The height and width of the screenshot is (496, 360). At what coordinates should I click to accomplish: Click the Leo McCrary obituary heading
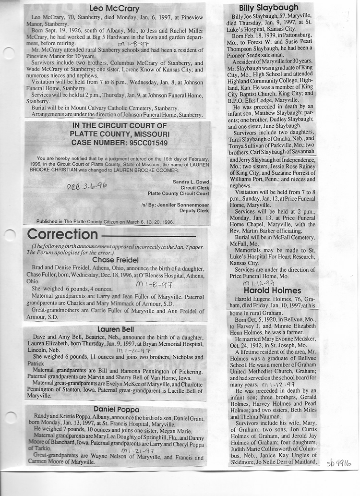click(114, 8)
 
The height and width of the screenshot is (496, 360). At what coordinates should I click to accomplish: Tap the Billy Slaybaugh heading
click(268, 7)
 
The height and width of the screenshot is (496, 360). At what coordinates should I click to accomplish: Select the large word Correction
click(63, 234)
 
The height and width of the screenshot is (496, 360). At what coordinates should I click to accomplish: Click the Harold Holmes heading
click(272, 290)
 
